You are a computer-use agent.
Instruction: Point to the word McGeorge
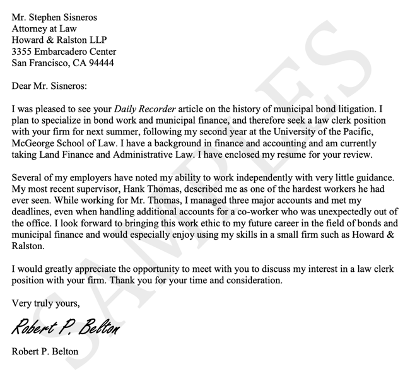click(x=33, y=143)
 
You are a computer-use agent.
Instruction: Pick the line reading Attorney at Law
click(x=42, y=27)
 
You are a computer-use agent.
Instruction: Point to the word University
click(x=316, y=132)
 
